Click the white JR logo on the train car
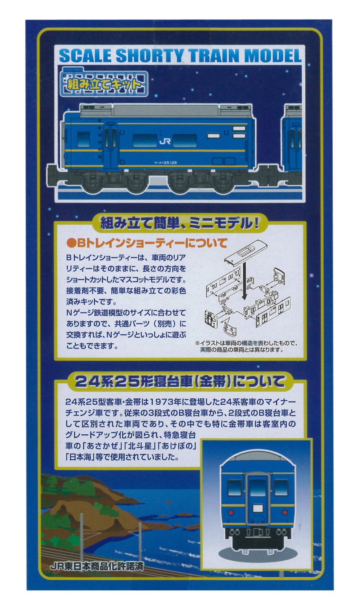pyautogui.click(x=165, y=141)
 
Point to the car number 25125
pyautogui.click(x=170, y=162)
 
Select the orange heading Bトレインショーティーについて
pyautogui.click(x=147, y=243)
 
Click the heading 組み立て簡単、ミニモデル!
pyautogui.click(x=179, y=223)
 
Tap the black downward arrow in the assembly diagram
pyautogui.click(x=244, y=280)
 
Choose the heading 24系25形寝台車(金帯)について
pyautogui.click(x=180, y=382)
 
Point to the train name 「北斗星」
pyautogui.click(x=141, y=445)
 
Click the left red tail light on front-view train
pyautogui.click(x=231, y=512)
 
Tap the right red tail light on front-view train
pyautogui.click(x=285, y=512)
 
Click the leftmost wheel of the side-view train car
pyautogui.click(x=92, y=184)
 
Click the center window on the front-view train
pyautogui.click(x=258, y=488)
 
